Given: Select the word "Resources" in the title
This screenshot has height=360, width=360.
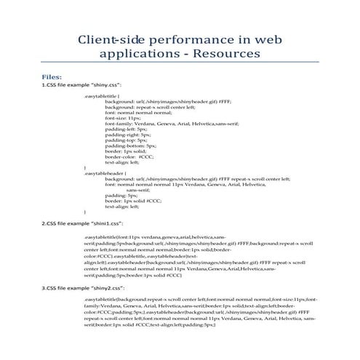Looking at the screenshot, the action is point(228,55).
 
